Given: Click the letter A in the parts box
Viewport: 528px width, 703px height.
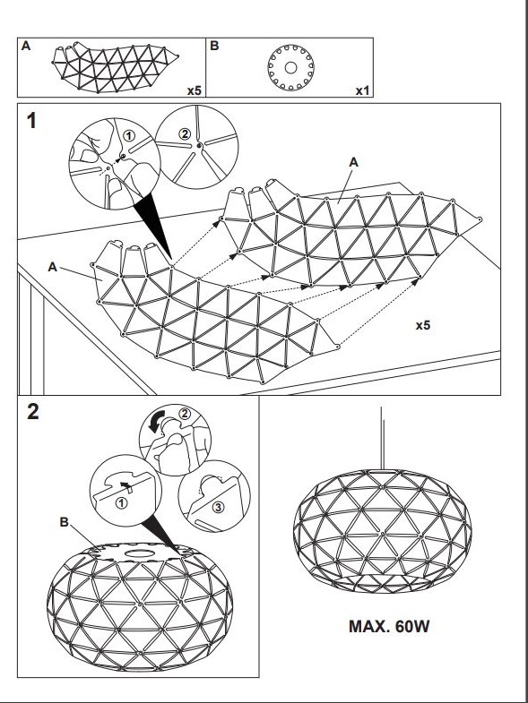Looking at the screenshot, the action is click(x=26, y=46).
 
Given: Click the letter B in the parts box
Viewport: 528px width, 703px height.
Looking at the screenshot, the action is click(x=214, y=46).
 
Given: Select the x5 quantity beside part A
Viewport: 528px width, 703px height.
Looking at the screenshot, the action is click(x=195, y=90).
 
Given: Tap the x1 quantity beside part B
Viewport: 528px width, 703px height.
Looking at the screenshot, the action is click(x=362, y=90).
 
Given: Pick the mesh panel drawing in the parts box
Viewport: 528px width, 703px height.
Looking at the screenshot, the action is click(x=115, y=67).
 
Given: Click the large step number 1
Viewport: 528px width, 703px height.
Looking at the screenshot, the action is click(x=31, y=121).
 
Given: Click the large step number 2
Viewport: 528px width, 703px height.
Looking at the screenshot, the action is click(x=33, y=412).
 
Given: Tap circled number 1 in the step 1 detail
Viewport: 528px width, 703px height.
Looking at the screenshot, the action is click(x=129, y=135).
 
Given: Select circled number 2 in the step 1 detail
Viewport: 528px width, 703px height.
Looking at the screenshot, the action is click(x=185, y=133).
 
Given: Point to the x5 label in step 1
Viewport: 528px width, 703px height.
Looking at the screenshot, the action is click(x=422, y=325).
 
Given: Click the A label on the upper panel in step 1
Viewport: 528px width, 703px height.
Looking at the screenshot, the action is click(x=354, y=163).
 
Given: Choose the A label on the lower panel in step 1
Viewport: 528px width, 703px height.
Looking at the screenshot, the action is click(x=53, y=267).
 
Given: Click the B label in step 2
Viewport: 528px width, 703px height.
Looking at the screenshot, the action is click(x=65, y=522).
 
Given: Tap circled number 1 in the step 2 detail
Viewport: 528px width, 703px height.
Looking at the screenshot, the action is click(x=121, y=503).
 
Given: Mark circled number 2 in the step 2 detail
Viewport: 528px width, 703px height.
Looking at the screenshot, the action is click(x=185, y=414).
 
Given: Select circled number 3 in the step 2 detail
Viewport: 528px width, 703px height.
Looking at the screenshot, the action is click(x=218, y=507).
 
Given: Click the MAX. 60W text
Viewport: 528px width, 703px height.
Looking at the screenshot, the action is click(x=389, y=626).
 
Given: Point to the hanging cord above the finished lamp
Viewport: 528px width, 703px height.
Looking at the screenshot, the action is click(x=382, y=438).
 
